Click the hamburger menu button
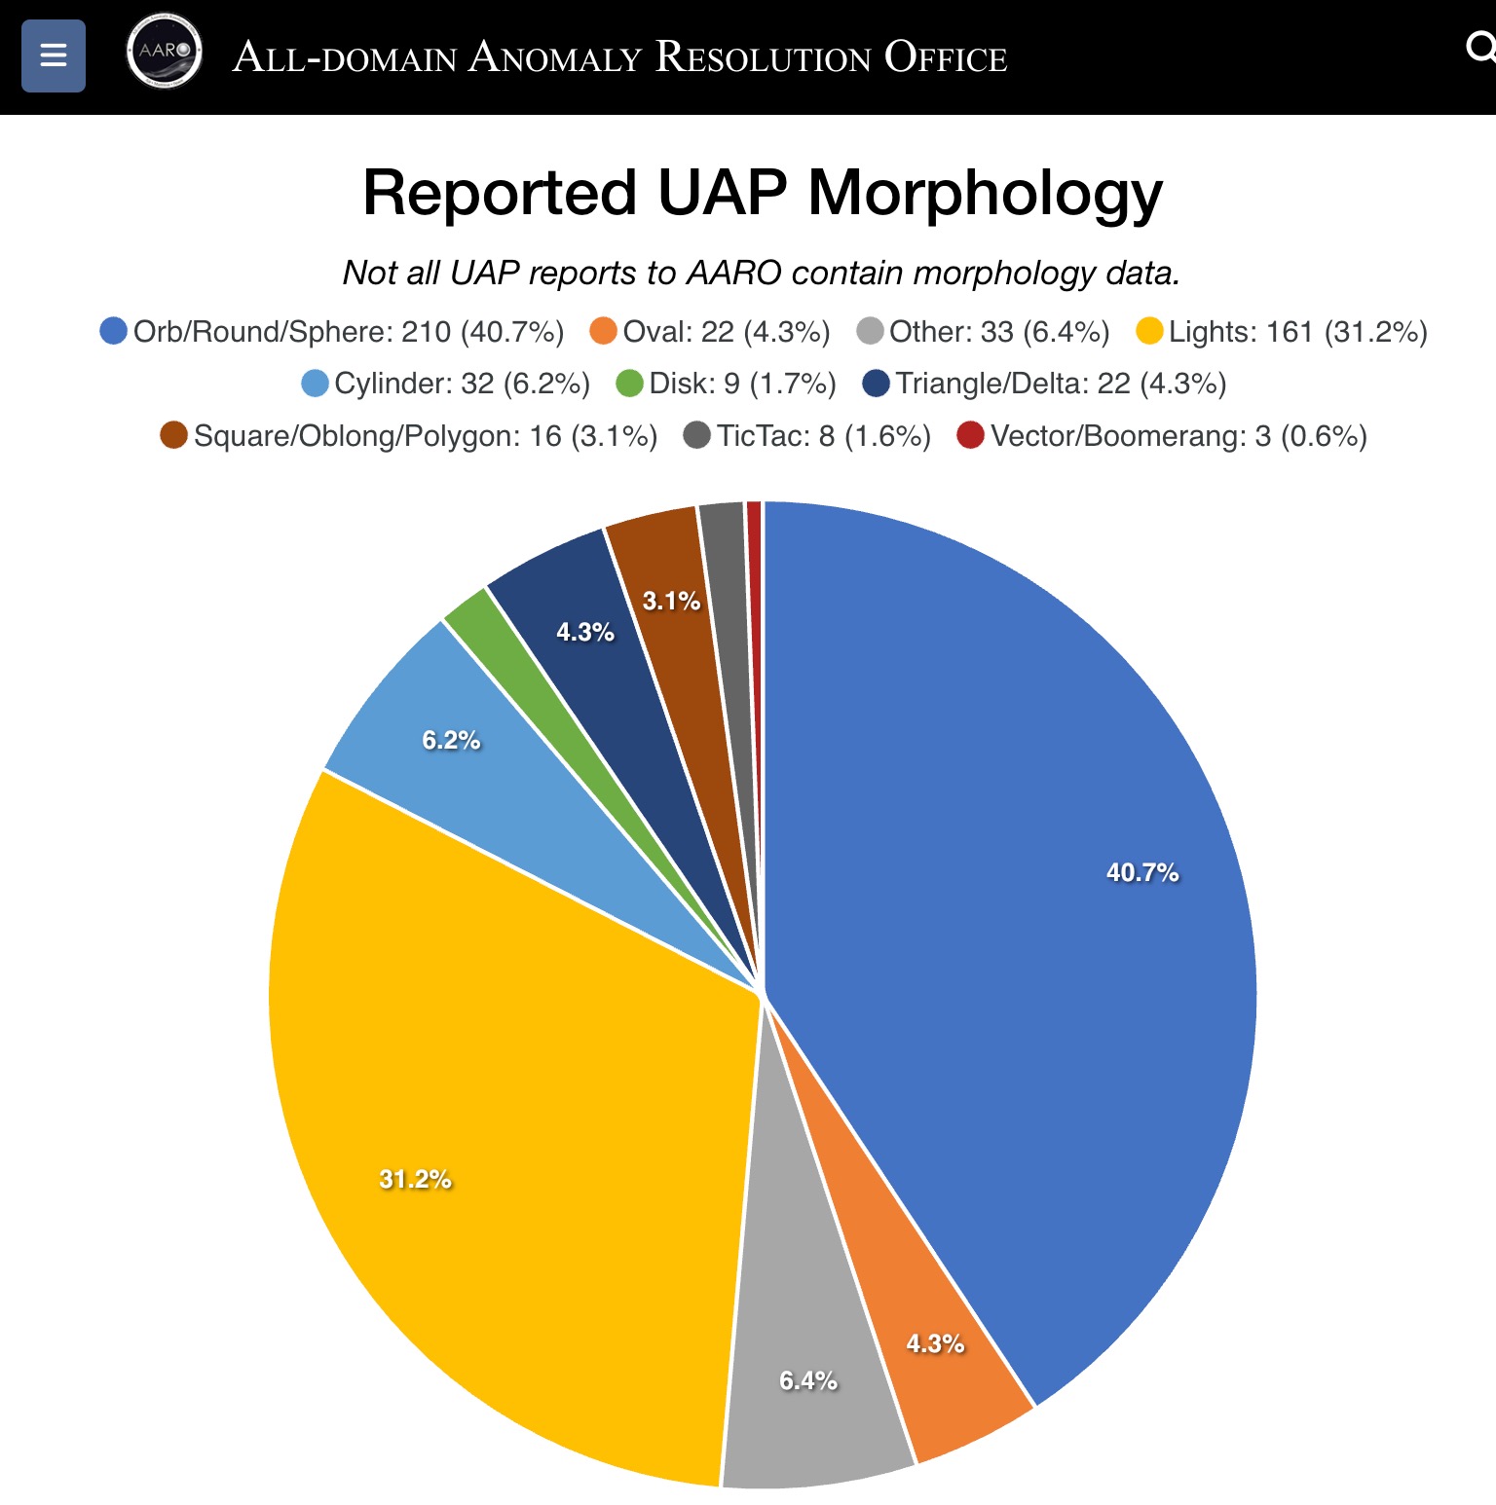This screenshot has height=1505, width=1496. tap(54, 55)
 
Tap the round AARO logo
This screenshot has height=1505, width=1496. tap(165, 51)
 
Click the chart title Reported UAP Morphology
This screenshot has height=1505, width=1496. tap(762, 192)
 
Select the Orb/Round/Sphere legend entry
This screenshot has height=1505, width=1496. tap(332, 332)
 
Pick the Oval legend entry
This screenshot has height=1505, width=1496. tap(710, 332)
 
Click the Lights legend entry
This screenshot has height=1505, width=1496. tap(1282, 332)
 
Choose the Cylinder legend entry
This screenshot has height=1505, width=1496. tap(446, 384)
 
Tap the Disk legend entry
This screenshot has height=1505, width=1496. tap(727, 384)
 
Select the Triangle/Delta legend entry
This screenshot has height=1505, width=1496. tap(1045, 384)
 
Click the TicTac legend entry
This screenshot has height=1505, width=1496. tap(807, 435)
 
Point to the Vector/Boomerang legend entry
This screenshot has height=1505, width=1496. tap(1162, 435)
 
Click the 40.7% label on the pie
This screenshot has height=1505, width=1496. tap(1141, 872)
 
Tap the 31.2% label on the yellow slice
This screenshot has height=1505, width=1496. tap(415, 1179)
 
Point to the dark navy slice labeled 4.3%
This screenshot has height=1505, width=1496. tap(584, 633)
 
